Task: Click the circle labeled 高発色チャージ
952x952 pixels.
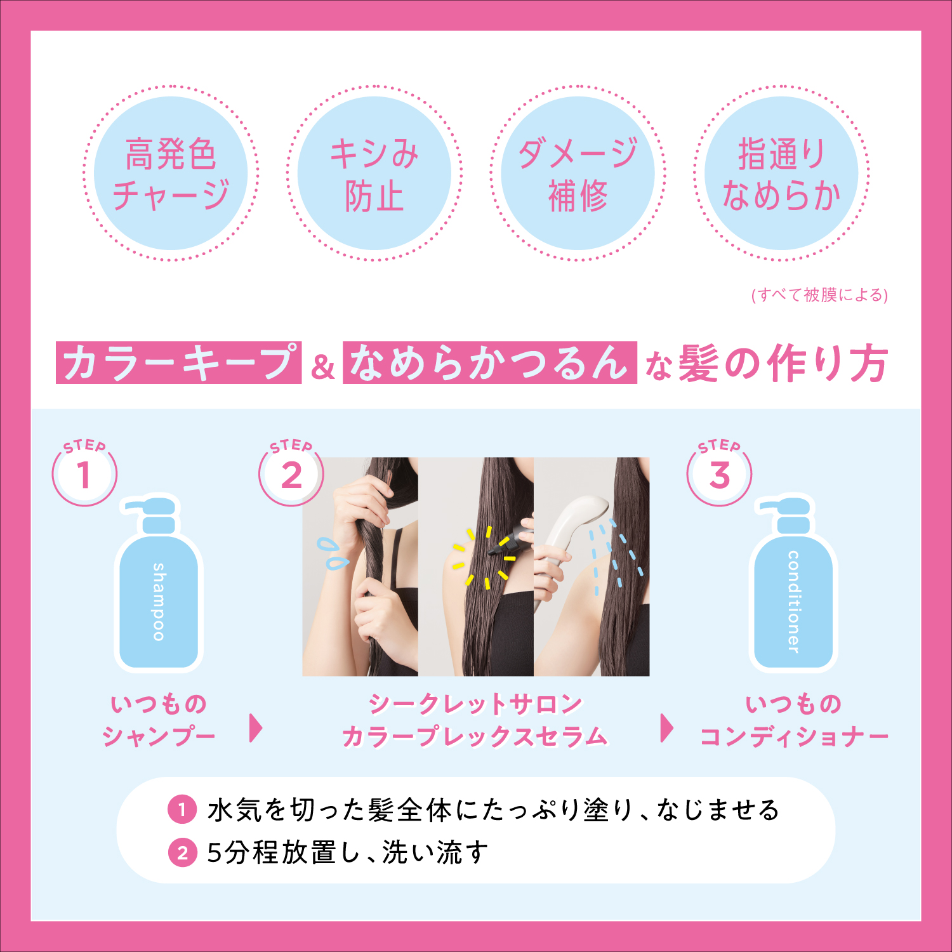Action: pyautogui.click(x=171, y=173)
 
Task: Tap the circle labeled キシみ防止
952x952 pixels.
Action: pyautogui.click(x=374, y=173)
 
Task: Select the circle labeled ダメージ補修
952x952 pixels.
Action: pyautogui.click(x=578, y=173)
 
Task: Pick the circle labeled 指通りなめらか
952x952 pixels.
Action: pyautogui.click(x=781, y=173)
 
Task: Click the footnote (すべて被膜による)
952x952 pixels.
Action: pyautogui.click(x=819, y=295)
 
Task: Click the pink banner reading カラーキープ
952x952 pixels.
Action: pyautogui.click(x=178, y=362)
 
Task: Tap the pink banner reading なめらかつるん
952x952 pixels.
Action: pyautogui.click(x=489, y=362)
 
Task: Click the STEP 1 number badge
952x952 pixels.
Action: pyautogui.click(x=84, y=473)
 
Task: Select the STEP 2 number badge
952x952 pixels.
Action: pyautogui.click(x=291, y=473)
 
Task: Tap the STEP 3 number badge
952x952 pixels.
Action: pyautogui.click(x=720, y=473)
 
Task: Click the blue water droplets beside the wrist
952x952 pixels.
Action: pyautogui.click(x=332, y=553)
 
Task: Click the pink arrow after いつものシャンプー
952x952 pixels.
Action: pyautogui.click(x=256, y=728)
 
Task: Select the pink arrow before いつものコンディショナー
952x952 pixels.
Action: pyautogui.click(x=667, y=728)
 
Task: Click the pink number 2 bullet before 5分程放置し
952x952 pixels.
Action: pyautogui.click(x=183, y=852)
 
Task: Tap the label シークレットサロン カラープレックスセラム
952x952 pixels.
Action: pyautogui.click(x=475, y=720)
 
